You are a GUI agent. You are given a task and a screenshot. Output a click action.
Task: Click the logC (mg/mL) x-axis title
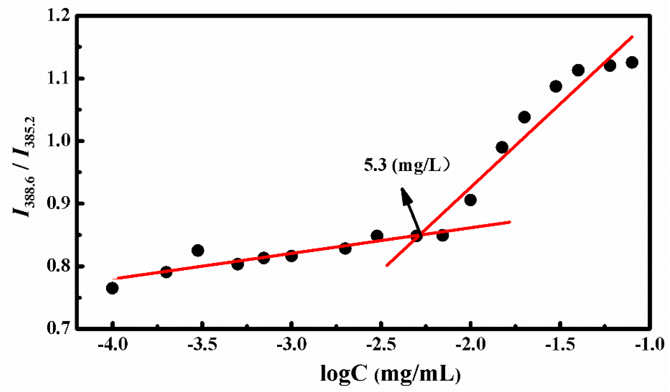(x=391, y=373)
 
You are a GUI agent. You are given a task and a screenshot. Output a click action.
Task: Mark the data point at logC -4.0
(x=112, y=288)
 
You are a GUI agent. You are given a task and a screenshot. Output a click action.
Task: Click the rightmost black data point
(x=632, y=63)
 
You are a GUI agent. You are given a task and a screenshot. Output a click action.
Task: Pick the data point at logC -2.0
(x=470, y=200)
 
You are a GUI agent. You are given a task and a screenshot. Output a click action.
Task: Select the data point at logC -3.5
(x=198, y=251)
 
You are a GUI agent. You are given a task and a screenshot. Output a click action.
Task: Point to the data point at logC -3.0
(x=292, y=256)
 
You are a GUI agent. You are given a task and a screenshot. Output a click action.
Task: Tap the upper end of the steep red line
(x=632, y=37)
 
